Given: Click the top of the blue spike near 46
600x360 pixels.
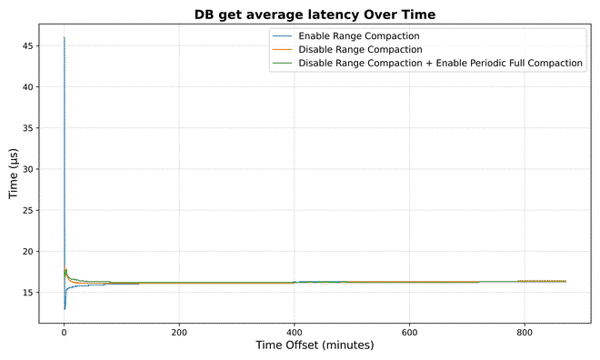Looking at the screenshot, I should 64,38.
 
